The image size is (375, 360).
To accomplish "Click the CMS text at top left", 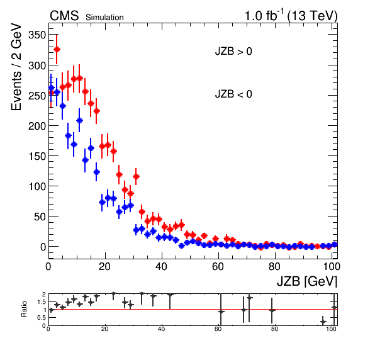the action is coord(64,16).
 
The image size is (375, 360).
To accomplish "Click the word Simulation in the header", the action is coord(104,18).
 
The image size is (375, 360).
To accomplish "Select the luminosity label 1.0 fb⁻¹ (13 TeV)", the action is coord(291,16).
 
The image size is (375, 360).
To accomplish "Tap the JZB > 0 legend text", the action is coord(233,52).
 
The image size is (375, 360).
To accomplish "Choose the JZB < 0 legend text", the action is coord(233,94).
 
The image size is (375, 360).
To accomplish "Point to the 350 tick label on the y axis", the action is coord(37,35).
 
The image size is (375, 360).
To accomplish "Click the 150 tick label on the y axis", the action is coord(37,156).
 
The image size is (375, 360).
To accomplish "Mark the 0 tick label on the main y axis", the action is coord(43,247).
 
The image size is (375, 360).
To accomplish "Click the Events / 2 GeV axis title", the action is coord(16,67).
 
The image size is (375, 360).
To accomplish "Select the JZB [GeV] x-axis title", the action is coord(307,281).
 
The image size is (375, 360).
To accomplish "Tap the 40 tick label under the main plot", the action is coord(161,266).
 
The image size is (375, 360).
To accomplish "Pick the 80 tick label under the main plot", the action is coord(274,266).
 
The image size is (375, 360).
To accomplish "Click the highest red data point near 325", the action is coord(57,49).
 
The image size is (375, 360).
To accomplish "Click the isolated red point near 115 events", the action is coord(136,176).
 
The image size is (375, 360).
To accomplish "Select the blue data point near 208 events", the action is coord(79,121).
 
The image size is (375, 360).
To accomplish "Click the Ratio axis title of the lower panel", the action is coord(24,309).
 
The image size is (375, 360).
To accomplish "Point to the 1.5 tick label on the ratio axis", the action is coord(42,302).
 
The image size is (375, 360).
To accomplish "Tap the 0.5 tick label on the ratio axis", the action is coord(42,318).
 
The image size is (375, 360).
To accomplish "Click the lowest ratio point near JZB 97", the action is coord(323,322).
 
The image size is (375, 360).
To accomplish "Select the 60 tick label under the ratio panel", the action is coord(218,329).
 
